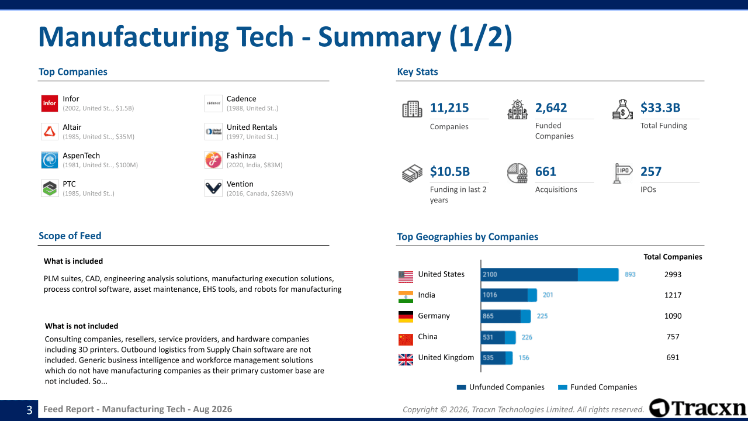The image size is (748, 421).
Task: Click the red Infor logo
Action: (50, 103)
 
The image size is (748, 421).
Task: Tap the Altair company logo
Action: (50, 132)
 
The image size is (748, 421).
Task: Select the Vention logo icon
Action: (213, 188)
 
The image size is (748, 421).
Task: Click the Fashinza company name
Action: (241, 156)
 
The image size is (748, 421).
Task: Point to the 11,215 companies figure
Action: (449, 108)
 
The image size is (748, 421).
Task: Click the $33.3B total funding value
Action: (660, 108)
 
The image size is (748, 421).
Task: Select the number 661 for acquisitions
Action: (545, 171)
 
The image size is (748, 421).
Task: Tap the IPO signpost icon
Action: (622, 173)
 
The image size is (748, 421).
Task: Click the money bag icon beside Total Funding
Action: (622, 109)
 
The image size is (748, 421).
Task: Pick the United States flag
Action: (406, 277)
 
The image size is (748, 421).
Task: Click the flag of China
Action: (406, 340)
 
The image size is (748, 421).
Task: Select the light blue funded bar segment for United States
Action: (598, 275)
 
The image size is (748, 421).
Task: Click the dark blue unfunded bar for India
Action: (504, 295)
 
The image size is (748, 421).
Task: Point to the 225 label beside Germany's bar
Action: (542, 316)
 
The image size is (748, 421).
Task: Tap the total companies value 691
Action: (673, 357)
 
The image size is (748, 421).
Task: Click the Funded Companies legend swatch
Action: (563, 387)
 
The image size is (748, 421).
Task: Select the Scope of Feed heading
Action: (70, 236)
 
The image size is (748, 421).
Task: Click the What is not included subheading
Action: (81, 326)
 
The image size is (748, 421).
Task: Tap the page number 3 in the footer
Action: (29, 410)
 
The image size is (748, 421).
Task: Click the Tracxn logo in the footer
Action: (697, 408)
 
